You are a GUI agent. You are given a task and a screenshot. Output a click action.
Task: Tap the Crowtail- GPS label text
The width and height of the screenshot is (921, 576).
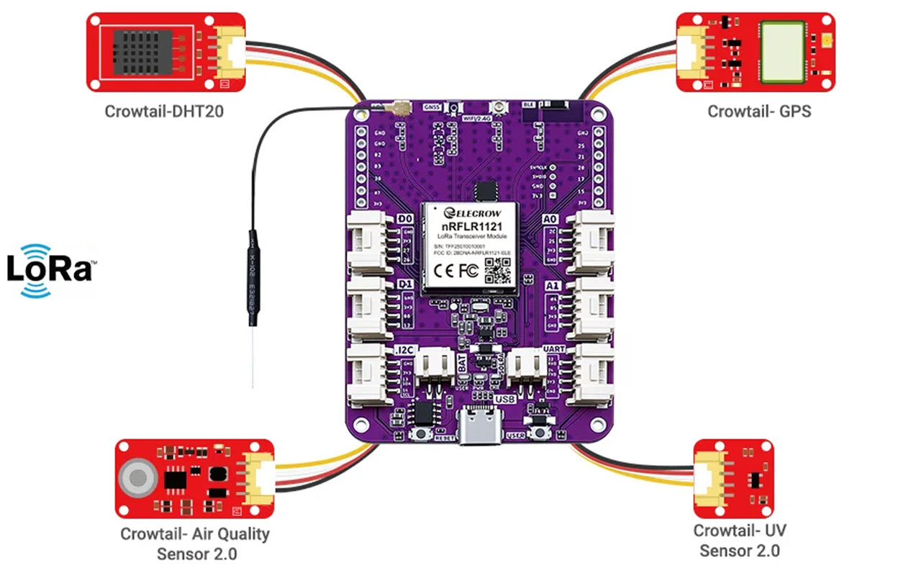point(759,112)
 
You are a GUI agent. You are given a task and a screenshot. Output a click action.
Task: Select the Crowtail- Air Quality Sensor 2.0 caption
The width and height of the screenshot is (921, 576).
point(195,544)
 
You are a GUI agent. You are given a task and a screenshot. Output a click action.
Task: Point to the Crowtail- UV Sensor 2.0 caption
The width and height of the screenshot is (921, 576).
point(740,541)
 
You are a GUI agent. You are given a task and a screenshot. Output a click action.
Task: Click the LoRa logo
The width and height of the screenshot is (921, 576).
point(49,270)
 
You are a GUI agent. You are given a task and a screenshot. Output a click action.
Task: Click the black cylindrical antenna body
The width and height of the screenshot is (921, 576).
point(253,274)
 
